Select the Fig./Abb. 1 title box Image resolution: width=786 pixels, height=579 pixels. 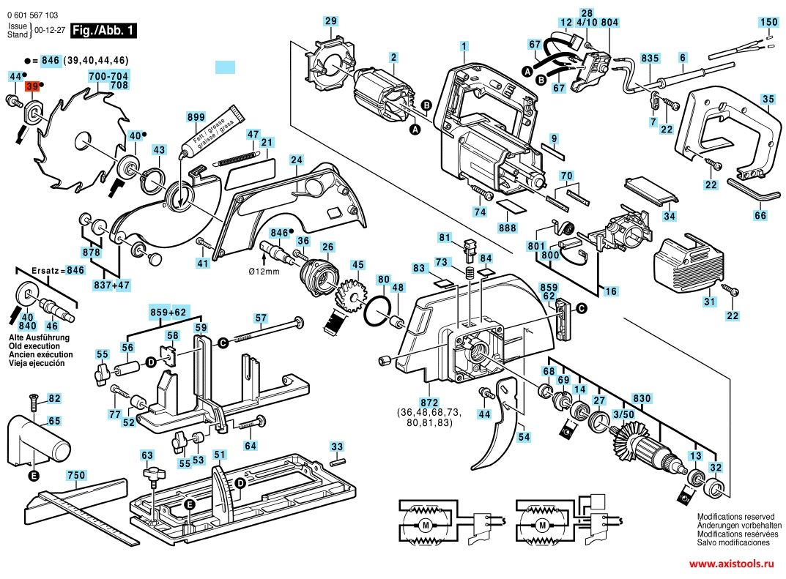click(97, 31)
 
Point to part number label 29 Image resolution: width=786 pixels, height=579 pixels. click(331, 21)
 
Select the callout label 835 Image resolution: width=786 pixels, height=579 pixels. click(650, 57)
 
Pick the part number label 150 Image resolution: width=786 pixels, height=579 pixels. click(768, 22)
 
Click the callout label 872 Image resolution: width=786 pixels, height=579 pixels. click(430, 403)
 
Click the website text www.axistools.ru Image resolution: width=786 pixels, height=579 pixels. click(732, 564)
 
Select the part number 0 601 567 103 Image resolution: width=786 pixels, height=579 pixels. click(33, 15)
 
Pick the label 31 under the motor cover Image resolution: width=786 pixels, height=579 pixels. click(708, 302)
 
